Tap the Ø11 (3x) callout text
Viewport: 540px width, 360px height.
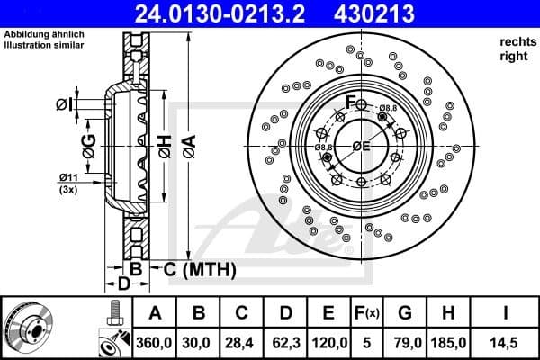68,183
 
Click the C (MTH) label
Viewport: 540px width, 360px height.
199,269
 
